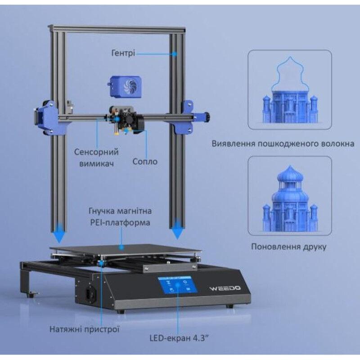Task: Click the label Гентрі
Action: [122, 53]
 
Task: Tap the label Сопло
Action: [145, 161]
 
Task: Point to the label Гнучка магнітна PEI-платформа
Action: [120, 217]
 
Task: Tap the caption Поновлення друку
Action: [289, 247]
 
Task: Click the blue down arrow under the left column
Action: [59, 235]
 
